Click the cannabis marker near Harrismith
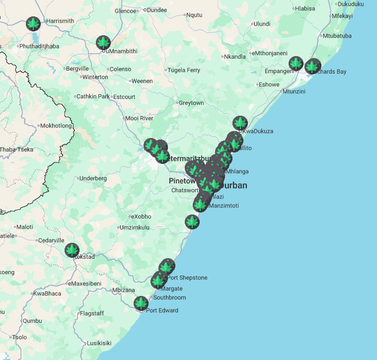33,23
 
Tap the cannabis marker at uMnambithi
103,42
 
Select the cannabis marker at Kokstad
73,250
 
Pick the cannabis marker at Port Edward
141,303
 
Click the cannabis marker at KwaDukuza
240,123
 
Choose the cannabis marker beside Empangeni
296,64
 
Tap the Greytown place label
191,103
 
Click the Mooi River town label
140,118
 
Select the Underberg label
93,178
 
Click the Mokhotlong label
56,126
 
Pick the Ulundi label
262,24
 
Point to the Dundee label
157,10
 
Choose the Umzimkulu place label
135,227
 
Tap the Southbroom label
169,298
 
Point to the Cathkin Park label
93,96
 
